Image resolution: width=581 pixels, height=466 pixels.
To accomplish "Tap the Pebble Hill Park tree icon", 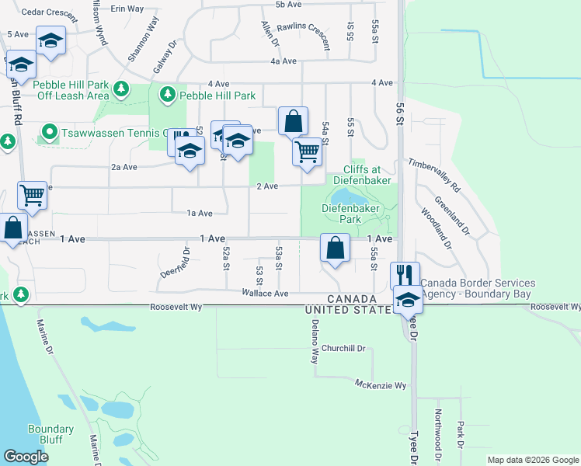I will click(166, 95).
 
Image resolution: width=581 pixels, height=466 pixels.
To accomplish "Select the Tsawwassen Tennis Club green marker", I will click(49, 131).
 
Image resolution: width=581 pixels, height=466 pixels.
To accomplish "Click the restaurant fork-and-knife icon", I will click(405, 275).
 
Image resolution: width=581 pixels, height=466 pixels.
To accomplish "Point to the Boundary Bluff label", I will click(50, 434).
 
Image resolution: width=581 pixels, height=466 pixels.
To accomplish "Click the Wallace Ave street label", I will click(265, 294).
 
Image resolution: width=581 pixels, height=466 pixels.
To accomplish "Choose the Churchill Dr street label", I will click(343, 348).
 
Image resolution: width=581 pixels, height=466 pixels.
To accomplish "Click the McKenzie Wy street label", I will click(381, 385).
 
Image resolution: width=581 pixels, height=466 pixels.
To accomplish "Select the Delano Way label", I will click(315, 346).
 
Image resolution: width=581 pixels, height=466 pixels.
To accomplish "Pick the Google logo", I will click(26, 457).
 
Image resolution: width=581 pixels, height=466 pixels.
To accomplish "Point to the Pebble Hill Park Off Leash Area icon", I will click(121, 90).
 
